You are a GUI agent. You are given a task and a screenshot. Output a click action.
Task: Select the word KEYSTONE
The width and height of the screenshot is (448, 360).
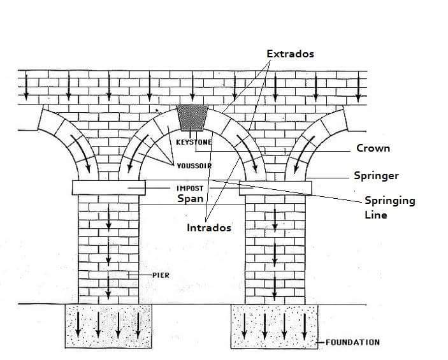194,142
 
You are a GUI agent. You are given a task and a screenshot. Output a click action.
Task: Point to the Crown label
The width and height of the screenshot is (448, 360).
373,148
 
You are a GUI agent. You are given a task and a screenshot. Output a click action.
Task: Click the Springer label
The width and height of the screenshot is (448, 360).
375,175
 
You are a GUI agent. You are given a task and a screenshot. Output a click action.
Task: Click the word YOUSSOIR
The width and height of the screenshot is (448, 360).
194,166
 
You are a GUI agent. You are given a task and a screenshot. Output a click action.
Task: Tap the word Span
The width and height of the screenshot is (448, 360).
191,198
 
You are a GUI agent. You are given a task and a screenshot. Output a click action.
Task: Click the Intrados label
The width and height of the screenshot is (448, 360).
209,227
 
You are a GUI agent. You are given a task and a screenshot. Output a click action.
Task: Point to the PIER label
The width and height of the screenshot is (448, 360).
160,275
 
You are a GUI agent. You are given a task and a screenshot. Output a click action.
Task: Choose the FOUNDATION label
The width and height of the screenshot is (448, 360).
352,342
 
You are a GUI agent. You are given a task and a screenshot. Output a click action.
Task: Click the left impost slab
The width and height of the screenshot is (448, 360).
108,187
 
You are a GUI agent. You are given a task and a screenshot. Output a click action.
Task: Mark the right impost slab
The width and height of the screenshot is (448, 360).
275,187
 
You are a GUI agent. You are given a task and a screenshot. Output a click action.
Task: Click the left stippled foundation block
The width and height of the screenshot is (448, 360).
108,326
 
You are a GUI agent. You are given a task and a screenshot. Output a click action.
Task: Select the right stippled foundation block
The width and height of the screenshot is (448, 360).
275,326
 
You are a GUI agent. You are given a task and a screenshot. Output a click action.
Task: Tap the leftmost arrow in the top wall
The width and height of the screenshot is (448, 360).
26,86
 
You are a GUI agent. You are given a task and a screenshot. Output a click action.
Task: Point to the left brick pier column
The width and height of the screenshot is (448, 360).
108,248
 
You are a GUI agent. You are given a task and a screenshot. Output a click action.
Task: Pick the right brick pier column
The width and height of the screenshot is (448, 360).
275,248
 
